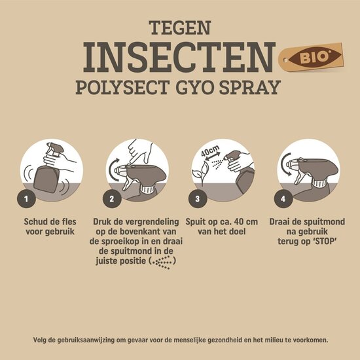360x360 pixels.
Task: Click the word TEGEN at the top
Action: click(179, 27)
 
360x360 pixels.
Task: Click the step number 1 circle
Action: click(26, 197)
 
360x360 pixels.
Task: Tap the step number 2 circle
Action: click(112, 197)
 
